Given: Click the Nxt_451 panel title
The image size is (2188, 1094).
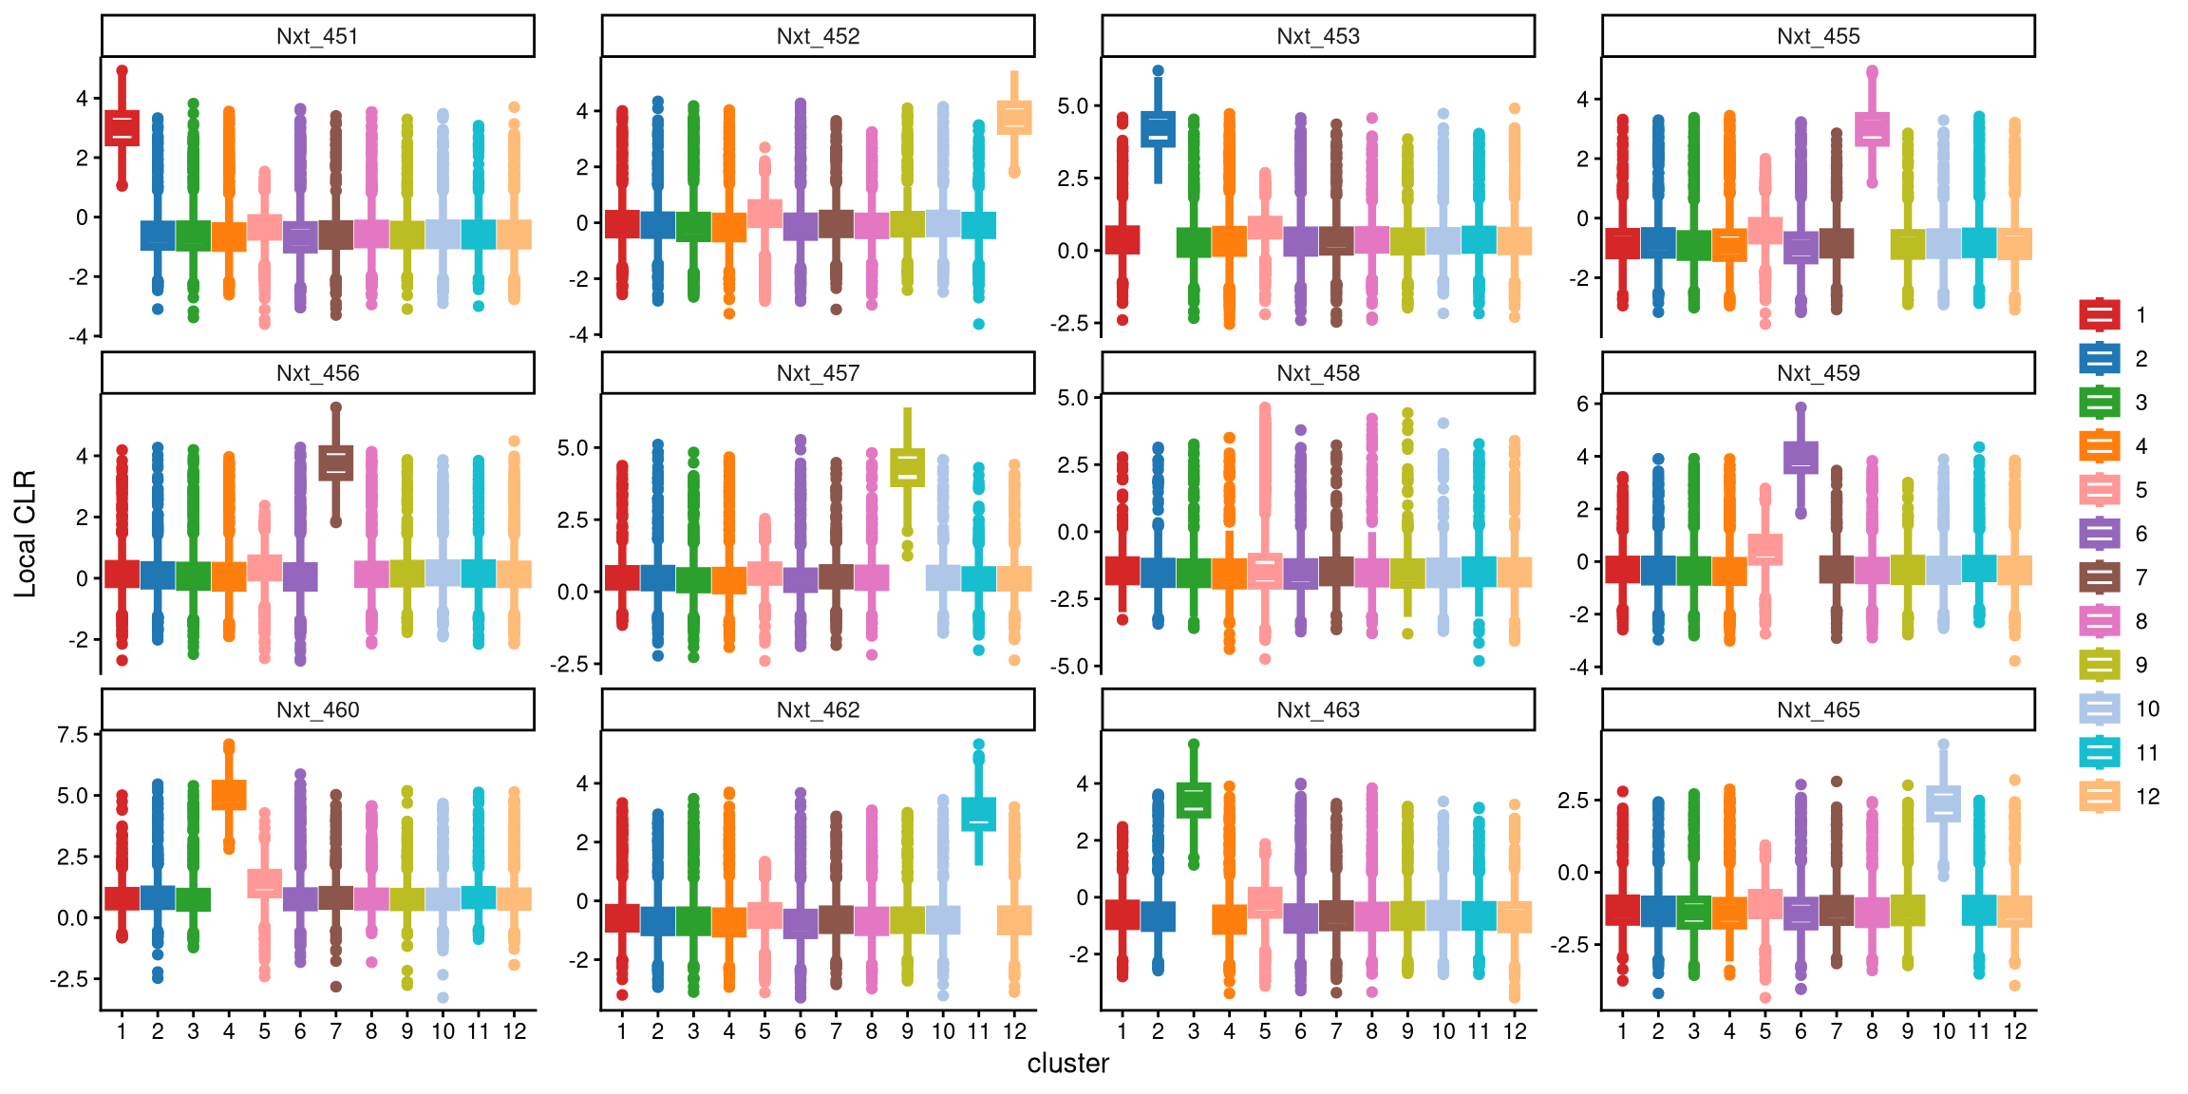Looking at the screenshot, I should [x=317, y=36].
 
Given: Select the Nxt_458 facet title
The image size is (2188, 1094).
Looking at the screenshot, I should [x=1318, y=373].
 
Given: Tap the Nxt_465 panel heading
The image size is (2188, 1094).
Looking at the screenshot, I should [x=1818, y=710].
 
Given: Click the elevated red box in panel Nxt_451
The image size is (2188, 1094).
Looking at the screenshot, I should [x=122, y=128].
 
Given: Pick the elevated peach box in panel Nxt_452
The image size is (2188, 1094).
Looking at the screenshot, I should [x=1014, y=118].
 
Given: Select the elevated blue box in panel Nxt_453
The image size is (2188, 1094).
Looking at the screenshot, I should [x=1158, y=129].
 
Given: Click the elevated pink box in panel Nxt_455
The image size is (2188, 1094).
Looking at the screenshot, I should [x=1872, y=129].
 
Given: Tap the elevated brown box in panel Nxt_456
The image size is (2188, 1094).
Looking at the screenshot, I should [x=335, y=462].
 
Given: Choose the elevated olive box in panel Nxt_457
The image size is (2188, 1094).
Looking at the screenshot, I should [x=908, y=467].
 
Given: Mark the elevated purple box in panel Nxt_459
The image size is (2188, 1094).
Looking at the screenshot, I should [x=1801, y=457].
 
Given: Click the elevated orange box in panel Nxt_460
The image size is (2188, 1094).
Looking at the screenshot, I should [x=229, y=795].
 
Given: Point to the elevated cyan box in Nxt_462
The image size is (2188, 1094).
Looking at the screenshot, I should [x=979, y=814].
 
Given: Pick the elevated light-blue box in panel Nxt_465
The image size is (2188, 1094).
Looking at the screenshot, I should [x=1944, y=803].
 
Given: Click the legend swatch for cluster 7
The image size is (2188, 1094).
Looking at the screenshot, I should [x=2100, y=577].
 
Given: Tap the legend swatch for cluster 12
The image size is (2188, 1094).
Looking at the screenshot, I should [x=2100, y=797].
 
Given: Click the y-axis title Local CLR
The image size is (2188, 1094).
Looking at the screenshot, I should [x=25, y=534].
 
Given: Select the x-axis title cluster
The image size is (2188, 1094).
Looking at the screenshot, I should [x=1067, y=1064].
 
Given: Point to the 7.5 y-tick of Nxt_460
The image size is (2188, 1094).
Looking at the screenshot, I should [x=72, y=735].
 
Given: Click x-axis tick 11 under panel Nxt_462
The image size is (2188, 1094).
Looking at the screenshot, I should [x=979, y=1031].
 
